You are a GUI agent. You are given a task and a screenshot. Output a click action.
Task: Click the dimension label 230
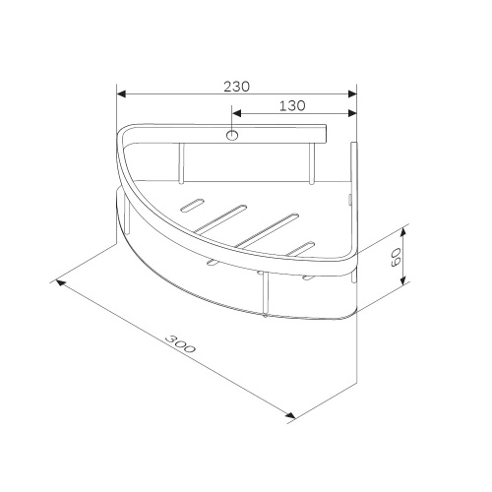(236, 87)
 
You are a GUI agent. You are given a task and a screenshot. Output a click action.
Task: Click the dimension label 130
(292, 105)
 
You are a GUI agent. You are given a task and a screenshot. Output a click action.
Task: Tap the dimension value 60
(396, 257)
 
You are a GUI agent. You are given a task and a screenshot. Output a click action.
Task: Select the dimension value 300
(180, 343)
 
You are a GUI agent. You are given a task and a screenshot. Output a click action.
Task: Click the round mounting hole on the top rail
(232, 135)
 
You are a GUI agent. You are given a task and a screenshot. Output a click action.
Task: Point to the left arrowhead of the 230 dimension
(121, 94)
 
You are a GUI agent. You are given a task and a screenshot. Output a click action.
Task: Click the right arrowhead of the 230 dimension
(352, 94)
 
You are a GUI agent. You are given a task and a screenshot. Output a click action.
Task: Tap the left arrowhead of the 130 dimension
(236, 113)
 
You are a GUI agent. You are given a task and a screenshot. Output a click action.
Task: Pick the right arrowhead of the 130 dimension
(352, 113)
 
